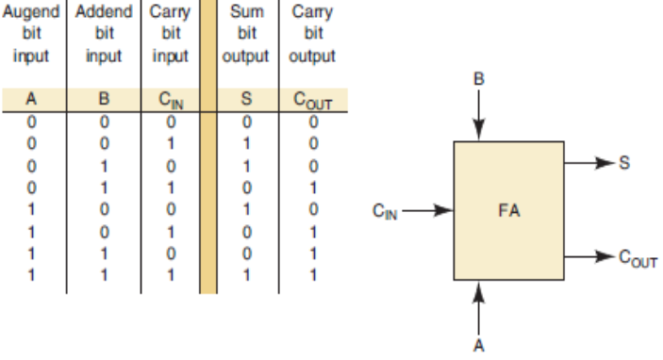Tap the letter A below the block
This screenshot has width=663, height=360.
(479, 345)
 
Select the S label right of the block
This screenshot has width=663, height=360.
(623, 160)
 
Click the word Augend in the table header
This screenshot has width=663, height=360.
(28, 14)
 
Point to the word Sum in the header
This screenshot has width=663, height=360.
(247, 14)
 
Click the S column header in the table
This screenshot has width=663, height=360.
(247, 96)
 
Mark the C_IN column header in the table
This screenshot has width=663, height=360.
(170, 97)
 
